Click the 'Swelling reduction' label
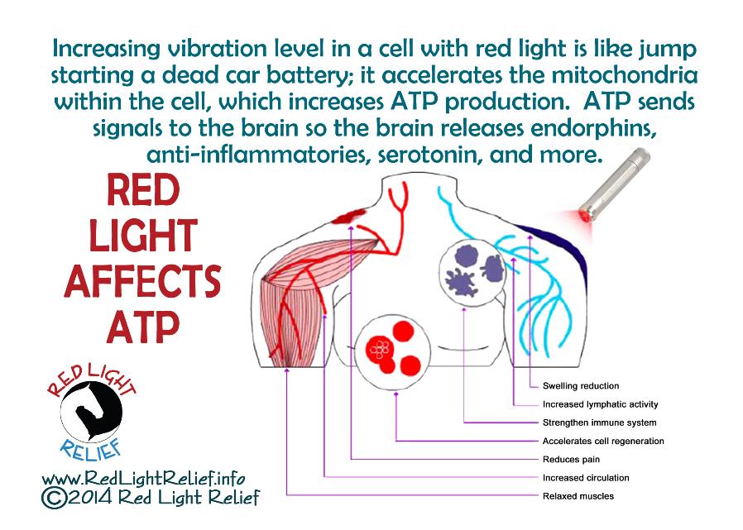click(x=581, y=386)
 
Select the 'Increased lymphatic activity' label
click(x=601, y=404)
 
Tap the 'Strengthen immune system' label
click(x=599, y=423)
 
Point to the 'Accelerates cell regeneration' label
click(x=603, y=441)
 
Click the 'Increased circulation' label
click(x=586, y=478)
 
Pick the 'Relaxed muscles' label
click(x=578, y=496)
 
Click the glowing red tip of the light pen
click(x=586, y=217)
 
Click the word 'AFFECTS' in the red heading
click(x=142, y=281)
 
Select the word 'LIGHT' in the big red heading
click(x=142, y=236)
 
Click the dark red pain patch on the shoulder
click(x=349, y=216)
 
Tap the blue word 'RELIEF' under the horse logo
click(x=91, y=450)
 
